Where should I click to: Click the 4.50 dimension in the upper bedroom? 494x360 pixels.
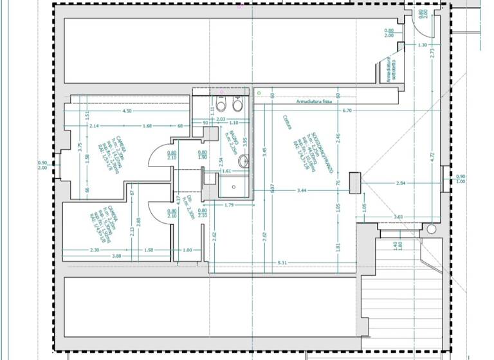click(x=127, y=111)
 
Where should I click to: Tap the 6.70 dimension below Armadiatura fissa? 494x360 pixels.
click(x=347, y=111)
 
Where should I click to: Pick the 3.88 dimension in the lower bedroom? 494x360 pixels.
click(x=116, y=256)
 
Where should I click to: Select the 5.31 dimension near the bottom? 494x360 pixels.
click(x=281, y=263)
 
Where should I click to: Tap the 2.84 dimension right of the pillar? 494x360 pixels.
click(x=400, y=184)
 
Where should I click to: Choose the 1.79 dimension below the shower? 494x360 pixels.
click(x=228, y=205)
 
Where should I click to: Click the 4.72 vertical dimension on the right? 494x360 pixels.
click(x=433, y=155)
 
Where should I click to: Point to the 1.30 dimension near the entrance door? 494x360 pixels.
click(x=422, y=45)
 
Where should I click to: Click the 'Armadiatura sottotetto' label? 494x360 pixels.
click(x=389, y=68)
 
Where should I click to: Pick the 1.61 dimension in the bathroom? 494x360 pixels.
click(x=226, y=172)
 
